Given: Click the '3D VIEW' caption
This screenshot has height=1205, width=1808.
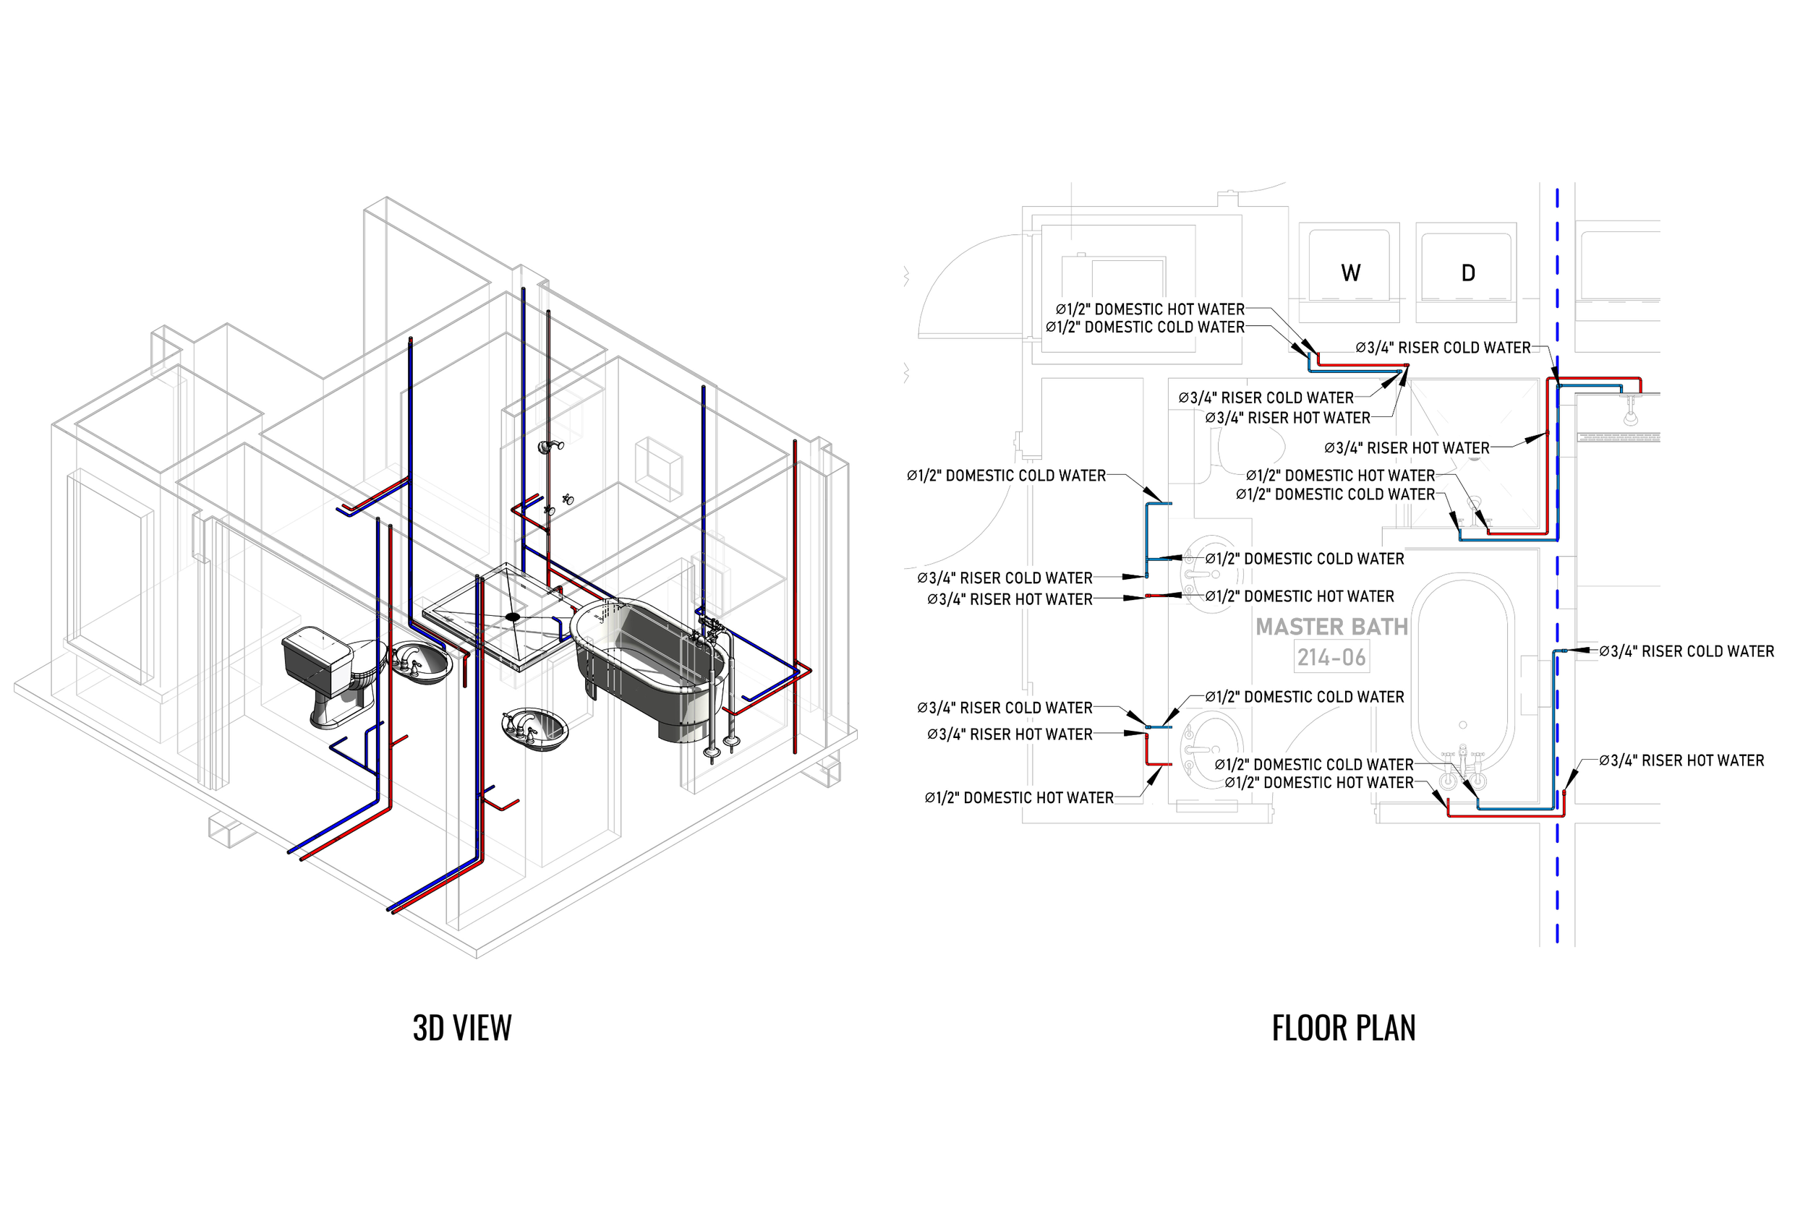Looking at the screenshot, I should click(x=462, y=1028).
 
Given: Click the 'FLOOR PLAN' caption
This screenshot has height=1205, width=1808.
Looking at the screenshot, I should click(x=1343, y=1028).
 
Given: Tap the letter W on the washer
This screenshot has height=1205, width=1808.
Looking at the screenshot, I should click(x=1351, y=273).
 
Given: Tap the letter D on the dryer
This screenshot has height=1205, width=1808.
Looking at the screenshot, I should click(x=1467, y=273).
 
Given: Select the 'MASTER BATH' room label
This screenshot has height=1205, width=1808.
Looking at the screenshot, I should click(x=1331, y=627).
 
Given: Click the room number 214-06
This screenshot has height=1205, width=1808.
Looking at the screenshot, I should click(x=1331, y=658).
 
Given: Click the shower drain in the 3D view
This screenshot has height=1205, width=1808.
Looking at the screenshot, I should click(x=513, y=617).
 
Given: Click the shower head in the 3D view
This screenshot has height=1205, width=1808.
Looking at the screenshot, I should click(x=550, y=447).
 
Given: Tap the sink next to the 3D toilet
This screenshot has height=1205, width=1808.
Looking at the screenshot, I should click(x=421, y=663).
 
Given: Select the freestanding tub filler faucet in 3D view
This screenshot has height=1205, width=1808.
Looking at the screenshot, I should click(x=715, y=677).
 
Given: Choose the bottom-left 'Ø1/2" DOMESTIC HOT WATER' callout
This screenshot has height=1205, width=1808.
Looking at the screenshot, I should click(x=1018, y=798).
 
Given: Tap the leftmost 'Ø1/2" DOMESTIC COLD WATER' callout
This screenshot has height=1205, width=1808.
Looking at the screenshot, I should click(x=1005, y=476).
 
